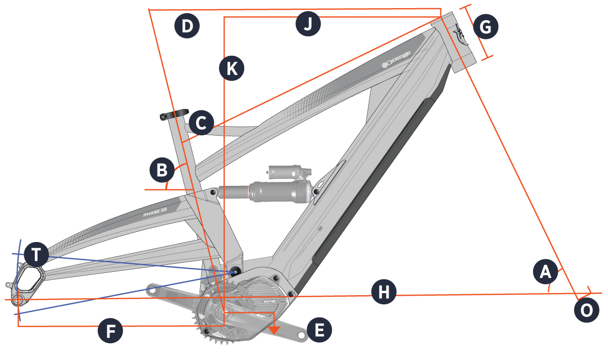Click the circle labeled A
[x=546, y=272]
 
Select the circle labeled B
[x=162, y=171]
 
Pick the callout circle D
[x=187, y=27]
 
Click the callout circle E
[x=319, y=331]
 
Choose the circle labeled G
[x=485, y=28]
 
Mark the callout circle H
[x=384, y=292]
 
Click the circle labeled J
[x=309, y=24]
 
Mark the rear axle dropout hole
[x=19, y=299]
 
